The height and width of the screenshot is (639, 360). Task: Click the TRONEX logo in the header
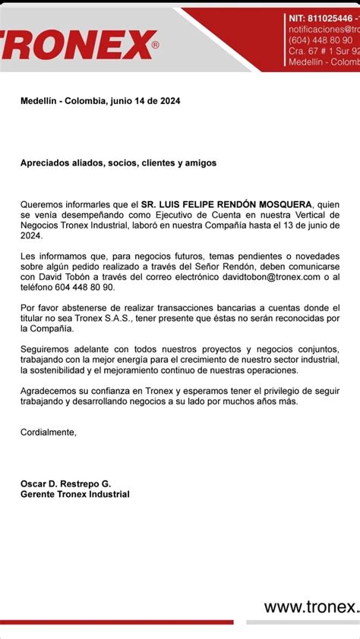coord(76,45)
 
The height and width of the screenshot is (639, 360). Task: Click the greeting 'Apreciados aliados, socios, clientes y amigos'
coord(118,162)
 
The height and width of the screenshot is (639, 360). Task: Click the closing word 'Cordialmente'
coord(49,432)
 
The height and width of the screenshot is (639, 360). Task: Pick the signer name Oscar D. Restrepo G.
coord(65,483)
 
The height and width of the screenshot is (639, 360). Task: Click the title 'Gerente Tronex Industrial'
coord(75,494)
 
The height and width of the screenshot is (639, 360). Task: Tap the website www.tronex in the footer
coord(311,606)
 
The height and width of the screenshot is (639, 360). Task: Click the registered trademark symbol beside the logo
coord(156,46)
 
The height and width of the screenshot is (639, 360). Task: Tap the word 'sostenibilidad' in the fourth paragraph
coord(57,370)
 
